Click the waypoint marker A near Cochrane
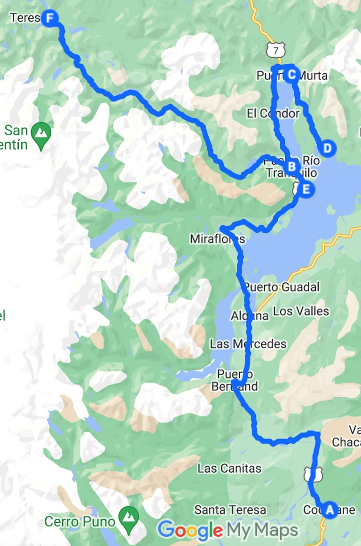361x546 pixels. click(330, 509)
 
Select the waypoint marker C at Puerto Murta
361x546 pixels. click(291, 74)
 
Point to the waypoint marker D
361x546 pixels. click(328, 148)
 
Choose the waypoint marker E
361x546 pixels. click(306, 190)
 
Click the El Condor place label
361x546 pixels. click(273, 114)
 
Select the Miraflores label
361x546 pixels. click(217, 239)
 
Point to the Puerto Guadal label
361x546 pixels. click(281, 287)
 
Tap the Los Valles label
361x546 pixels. click(301, 311)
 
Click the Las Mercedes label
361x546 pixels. click(248, 344)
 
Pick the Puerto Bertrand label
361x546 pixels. click(237, 380)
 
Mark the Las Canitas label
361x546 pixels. click(229, 468)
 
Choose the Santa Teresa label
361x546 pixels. click(230, 509)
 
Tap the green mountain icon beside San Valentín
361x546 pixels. click(42, 132)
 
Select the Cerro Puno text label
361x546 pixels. click(79, 521)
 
